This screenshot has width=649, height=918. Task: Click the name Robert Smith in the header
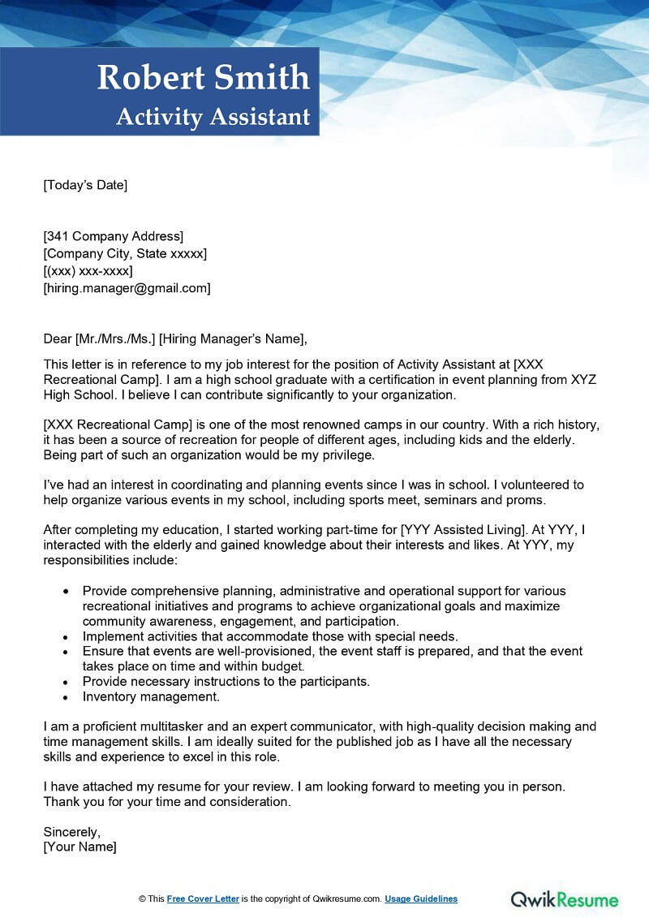[x=204, y=78]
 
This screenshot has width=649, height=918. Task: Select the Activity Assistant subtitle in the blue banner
[x=213, y=117]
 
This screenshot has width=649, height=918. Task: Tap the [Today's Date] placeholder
[x=85, y=185]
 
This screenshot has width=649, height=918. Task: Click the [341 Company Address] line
[x=114, y=236]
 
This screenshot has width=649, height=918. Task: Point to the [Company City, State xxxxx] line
[x=125, y=254]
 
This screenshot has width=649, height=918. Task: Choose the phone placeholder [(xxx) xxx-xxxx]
[x=88, y=271]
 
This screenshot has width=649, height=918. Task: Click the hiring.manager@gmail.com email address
[x=127, y=288]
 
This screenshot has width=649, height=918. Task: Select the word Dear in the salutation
[x=58, y=339]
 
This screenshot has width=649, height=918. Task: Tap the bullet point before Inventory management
[x=65, y=697]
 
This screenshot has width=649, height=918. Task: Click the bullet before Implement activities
[x=65, y=636]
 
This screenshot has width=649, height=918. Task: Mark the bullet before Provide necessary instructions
[x=65, y=682]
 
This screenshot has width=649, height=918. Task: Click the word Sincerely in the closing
[x=71, y=832]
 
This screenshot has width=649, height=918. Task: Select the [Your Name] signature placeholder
[x=80, y=847]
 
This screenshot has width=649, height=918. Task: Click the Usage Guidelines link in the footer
[x=421, y=899]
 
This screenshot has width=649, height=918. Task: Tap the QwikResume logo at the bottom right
[x=565, y=899]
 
